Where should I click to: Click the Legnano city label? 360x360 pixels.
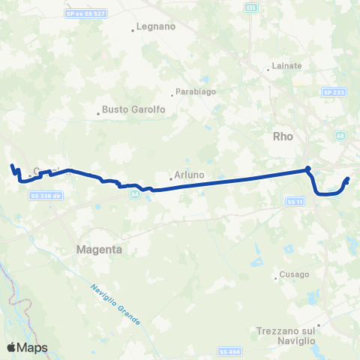coord(156,29)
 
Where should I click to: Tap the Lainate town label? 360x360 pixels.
coord(287,66)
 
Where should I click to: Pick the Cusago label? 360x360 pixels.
coord(294,274)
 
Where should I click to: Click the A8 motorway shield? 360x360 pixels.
coord(341,136)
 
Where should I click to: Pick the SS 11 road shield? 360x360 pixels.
coord(294,202)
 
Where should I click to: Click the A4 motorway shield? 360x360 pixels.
coord(133,194)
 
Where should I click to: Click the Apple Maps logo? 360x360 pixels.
coord(27,347)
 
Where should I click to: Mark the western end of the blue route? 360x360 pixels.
coord(11,166)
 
